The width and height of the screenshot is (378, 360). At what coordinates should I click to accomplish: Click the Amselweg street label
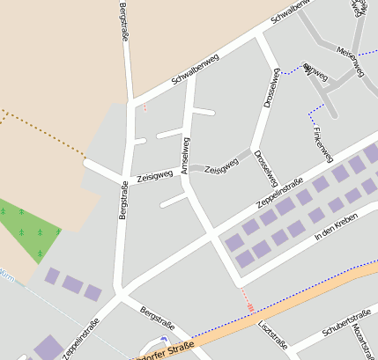pos(186,156)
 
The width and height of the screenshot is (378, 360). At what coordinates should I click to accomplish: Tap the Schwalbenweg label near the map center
pos(195,69)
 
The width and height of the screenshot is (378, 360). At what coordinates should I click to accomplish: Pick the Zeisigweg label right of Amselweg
pos(222,165)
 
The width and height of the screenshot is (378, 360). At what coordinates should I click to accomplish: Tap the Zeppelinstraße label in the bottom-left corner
pos(80,340)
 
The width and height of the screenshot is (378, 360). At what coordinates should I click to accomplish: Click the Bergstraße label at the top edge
pos(122,21)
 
